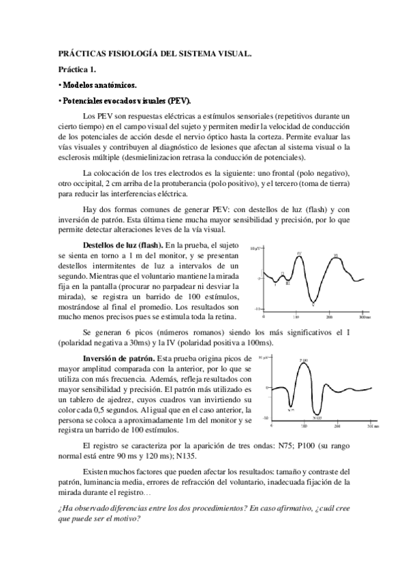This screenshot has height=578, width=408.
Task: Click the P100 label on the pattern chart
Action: click(304, 359)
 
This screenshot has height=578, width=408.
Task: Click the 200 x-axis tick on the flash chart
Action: click(330, 318)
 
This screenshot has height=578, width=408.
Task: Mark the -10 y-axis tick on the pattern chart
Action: click(265, 417)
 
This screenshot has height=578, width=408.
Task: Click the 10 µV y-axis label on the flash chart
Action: click(255, 249)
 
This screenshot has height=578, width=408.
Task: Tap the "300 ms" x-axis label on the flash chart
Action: click(362, 318)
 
